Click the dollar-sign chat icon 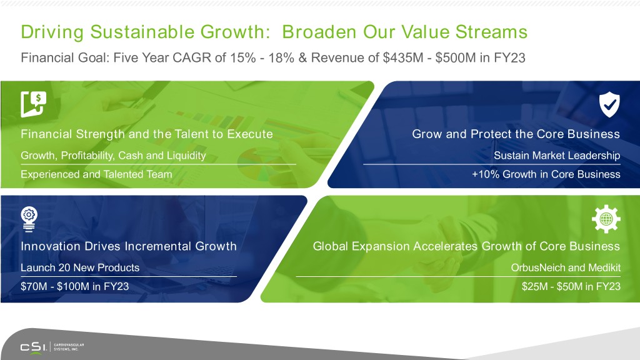(x=34, y=104)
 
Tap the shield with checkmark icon (x=609, y=104)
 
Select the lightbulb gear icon (x=29, y=219)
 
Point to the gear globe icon (x=606, y=219)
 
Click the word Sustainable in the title (x=142, y=32)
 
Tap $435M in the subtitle (x=403, y=57)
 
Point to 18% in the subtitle (x=281, y=57)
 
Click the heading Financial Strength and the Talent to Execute (x=146, y=134)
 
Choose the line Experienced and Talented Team (x=96, y=174)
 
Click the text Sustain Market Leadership (x=557, y=156)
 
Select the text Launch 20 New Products (x=80, y=267)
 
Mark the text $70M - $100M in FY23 (x=75, y=286)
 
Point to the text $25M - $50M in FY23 (x=571, y=286)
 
